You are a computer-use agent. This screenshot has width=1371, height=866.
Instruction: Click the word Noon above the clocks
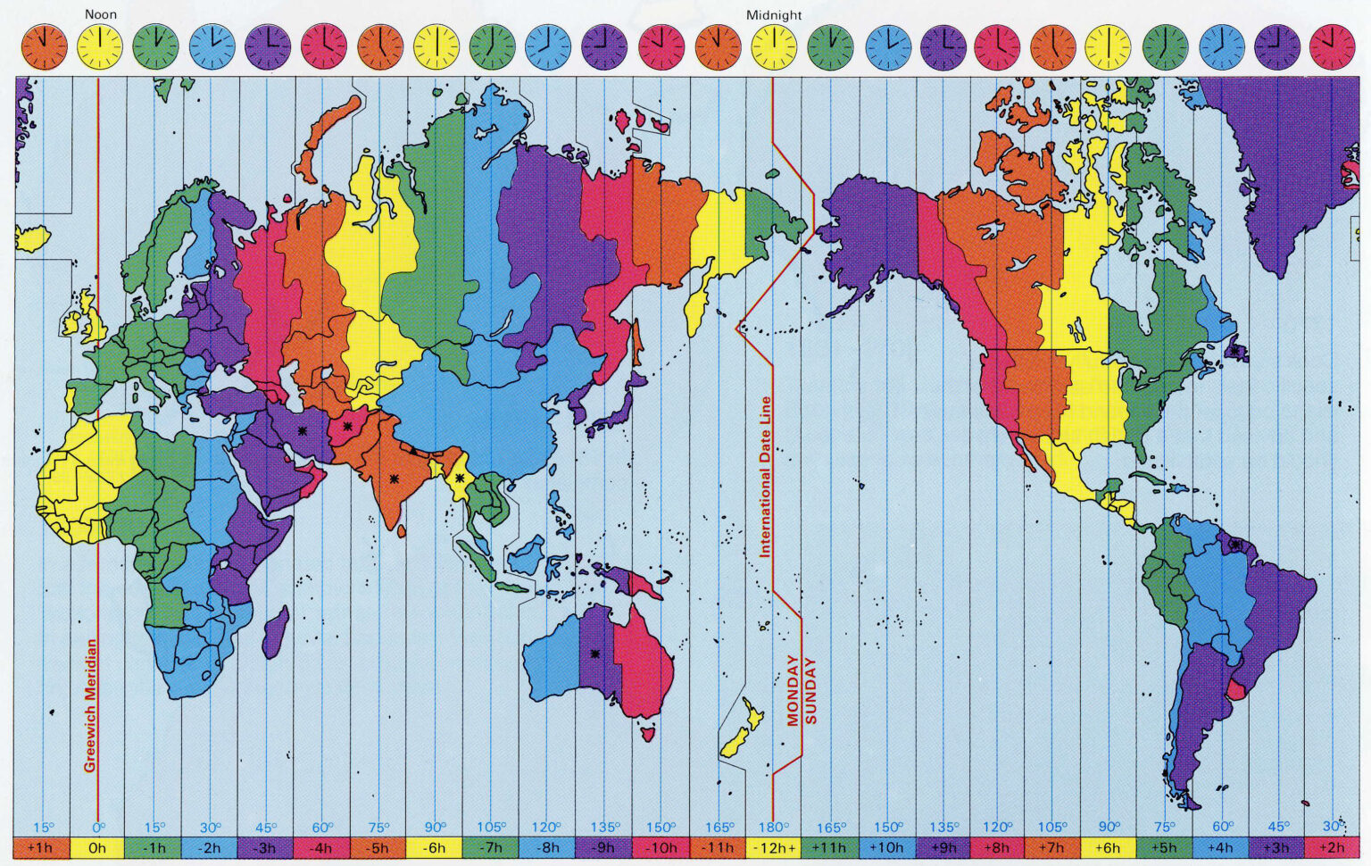click(x=101, y=14)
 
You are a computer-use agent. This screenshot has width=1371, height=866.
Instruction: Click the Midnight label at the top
click(x=774, y=15)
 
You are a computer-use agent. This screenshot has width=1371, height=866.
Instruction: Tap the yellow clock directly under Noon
click(x=101, y=47)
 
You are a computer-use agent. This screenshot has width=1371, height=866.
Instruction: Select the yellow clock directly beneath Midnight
click(x=774, y=47)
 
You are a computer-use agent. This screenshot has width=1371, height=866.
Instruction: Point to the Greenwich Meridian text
click(x=90, y=705)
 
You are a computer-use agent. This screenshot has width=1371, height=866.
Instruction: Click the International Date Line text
click(x=765, y=477)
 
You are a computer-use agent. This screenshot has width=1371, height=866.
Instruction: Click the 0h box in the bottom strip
click(x=98, y=848)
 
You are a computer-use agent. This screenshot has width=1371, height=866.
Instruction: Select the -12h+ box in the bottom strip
click(x=774, y=848)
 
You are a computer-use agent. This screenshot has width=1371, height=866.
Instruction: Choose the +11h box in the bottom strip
click(x=830, y=848)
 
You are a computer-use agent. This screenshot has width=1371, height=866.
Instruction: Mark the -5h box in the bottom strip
click(x=378, y=848)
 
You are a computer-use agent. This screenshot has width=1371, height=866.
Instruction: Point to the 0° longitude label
click(x=98, y=827)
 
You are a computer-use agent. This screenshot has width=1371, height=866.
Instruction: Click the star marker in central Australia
click(x=595, y=654)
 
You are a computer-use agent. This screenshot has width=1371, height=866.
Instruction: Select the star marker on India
click(x=394, y=479)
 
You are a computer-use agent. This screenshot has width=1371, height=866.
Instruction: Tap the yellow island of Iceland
click(x=32, y=237)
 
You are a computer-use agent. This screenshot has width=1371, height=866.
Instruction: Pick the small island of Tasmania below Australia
click(x=648, y=734)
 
